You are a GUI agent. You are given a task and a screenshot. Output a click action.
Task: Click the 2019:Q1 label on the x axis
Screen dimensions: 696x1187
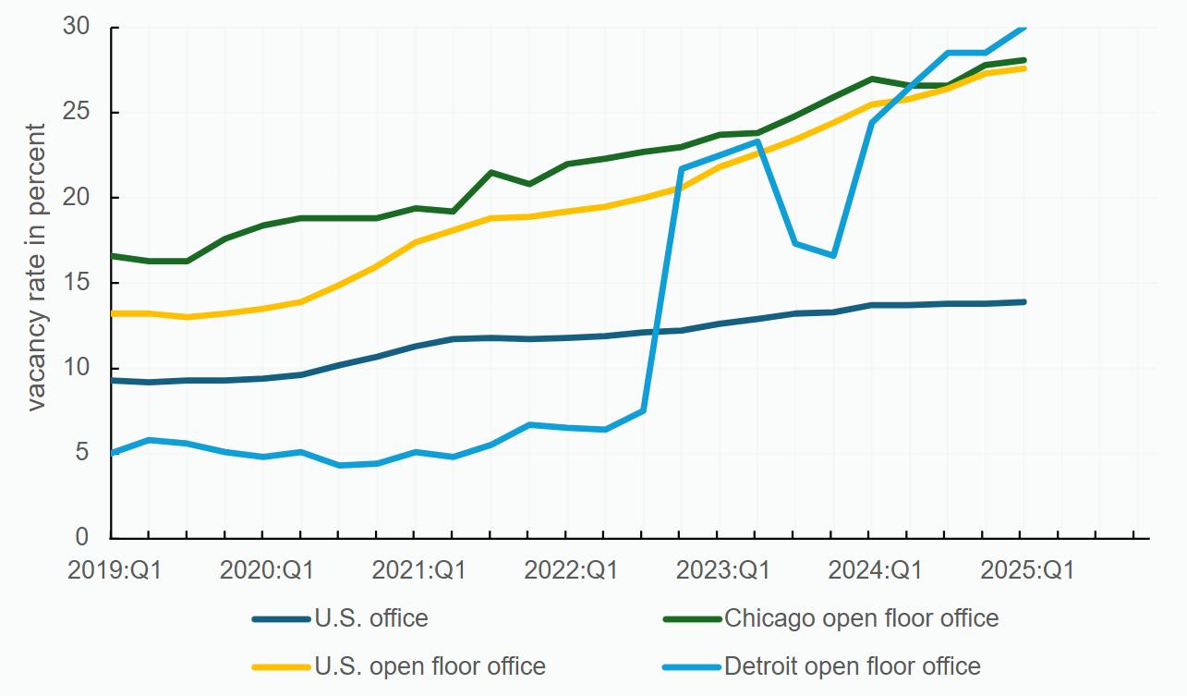tap(115, 569)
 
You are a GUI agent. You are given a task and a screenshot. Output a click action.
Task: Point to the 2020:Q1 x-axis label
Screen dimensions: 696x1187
tap(266, 569)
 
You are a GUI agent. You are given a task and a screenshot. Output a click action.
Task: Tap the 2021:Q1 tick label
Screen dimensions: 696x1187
tap(418, 569)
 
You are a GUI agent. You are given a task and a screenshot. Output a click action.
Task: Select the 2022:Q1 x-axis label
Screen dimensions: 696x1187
tap(571, 569)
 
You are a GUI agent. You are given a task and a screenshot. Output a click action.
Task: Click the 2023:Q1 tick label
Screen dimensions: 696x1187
tap(723, 569)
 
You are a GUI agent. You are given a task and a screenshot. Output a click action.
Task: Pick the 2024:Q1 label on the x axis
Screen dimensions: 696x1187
tap(875, 569)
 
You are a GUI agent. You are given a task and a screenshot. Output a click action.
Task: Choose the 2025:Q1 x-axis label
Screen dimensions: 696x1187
tap(1027, 569)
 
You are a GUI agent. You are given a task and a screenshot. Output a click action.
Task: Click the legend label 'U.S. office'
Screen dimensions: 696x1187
tap(371, 617)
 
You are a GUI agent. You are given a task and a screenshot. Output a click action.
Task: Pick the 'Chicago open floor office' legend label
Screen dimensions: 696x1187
tap(861, 617)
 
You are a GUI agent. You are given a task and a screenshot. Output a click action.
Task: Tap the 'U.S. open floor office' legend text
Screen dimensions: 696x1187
tap(430, 665)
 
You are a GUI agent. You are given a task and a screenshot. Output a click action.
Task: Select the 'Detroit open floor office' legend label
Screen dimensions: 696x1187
tap(853, 665)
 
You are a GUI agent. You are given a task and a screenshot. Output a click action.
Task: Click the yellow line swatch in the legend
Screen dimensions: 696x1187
tap(281, 665)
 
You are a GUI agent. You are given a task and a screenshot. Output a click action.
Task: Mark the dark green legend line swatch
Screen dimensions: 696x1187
tap(692, 617)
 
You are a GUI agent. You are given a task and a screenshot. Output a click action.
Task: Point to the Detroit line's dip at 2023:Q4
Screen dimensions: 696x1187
tap(832, 255)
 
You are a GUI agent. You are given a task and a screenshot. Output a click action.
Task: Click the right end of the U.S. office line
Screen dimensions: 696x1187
tap(1023, 302)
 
